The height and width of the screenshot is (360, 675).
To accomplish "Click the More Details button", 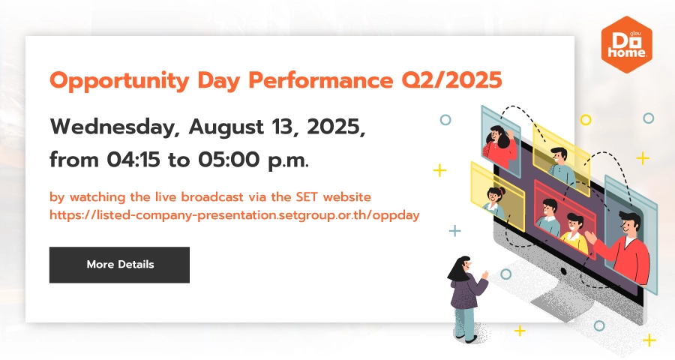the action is pos(119,265).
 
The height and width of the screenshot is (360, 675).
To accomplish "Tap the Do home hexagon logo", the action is pos(626,44).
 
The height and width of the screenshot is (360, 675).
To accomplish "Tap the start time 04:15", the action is pos(133,160).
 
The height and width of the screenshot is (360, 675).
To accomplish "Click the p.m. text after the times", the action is pos(288,160).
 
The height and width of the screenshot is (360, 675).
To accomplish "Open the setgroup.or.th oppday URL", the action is pos(235,215).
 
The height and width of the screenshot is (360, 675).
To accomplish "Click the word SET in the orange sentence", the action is pos(307,196).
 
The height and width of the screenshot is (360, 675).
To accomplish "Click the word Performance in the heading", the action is pos(321,80).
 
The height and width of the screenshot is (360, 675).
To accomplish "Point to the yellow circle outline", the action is pos(586,120).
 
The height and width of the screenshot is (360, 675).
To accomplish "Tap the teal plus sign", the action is pos(454,231).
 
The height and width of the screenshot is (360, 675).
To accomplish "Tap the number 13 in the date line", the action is pos(284,127).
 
